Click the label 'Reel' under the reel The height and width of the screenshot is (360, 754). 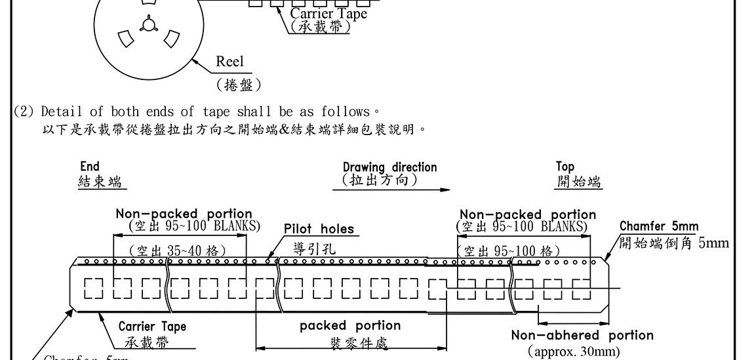click(x=229, y=62)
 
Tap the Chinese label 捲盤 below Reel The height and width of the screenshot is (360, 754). click(x=239, y=85)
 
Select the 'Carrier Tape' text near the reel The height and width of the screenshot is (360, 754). click(x=328, y=13)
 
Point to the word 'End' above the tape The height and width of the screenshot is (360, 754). click(x=89, y=167)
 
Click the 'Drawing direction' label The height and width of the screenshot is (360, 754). click(x=389, y=167)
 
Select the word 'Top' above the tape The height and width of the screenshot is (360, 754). click(x=565, y=167)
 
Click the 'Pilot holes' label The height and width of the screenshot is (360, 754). click(x=319, y=230)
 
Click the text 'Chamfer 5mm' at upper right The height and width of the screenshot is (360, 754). click(x=659, y=227)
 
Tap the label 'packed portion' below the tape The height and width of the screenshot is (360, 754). click(x=350, y=326)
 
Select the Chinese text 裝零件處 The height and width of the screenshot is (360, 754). click(x=351, y=344)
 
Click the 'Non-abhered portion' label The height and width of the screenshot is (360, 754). click(x=582, y=336)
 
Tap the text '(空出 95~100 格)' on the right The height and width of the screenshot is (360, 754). click(x=509, y=250)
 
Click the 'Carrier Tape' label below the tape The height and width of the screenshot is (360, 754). click(x=152, y=327)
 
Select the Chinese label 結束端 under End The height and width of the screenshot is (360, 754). click(x=100, y=182)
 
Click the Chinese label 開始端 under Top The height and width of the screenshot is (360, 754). click(x=578, y=182)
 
